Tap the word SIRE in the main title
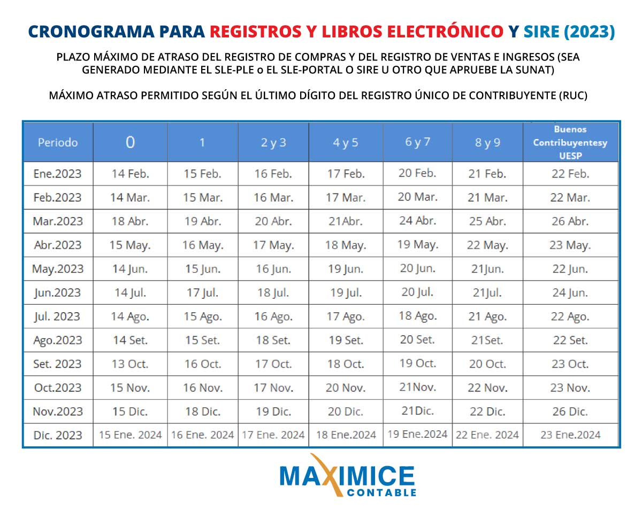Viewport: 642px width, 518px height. [x=541, y=32]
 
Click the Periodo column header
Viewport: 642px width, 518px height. [x=58, y=143]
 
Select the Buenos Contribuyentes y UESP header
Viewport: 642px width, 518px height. [x=570, y=143]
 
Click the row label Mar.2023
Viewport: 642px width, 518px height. [x=58, y=221]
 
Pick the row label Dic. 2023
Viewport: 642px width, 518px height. [x=58, y=435]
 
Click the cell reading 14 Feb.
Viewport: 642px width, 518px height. [x=130, y=174]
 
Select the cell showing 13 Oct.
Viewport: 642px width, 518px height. [x=130, y=364]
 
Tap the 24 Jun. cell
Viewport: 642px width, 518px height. [x=570, y=293]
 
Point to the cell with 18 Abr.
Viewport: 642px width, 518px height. [x=130, y=221]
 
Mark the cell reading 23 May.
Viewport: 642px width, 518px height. [x=570, y=245]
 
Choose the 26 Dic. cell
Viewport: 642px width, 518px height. [x=570, y=412]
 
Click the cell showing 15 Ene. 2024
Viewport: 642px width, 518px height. [x=130, y=435]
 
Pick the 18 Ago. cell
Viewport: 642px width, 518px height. [x=417, y=316]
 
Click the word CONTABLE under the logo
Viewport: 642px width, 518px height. [x=381, y=492]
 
